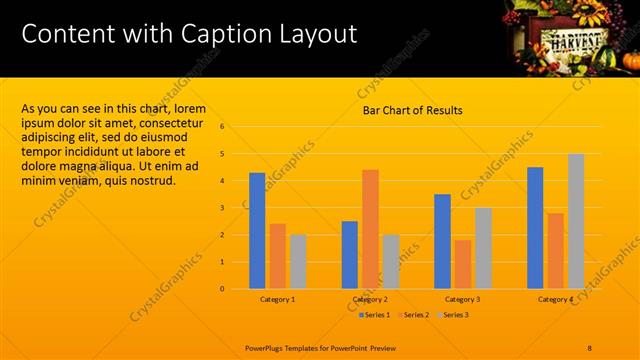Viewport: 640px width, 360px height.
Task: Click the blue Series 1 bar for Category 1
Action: tap(257, 231)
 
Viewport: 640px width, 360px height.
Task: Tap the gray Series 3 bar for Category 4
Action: tap(576, 221)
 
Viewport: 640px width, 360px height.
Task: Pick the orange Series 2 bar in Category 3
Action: tap(463, 264)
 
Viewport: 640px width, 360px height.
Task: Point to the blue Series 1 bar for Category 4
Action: tap(535, 228)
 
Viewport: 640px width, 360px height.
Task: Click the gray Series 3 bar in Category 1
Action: tap(298, 262)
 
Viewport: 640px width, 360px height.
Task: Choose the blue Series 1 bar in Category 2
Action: tap(350, 255)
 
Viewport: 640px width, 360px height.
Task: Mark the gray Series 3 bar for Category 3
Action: tap(483, 248)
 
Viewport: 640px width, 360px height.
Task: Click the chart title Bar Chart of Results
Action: tap(412, 110)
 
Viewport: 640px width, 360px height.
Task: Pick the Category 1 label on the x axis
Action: tap(277, 299)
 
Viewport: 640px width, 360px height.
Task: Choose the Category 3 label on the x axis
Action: tap(463, 299)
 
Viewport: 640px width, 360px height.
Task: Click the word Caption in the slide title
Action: tap(219, 33)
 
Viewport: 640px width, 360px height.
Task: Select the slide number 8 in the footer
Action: tap(590, 347)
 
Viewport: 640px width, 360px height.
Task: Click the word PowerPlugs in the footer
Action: tap(267, 347)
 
